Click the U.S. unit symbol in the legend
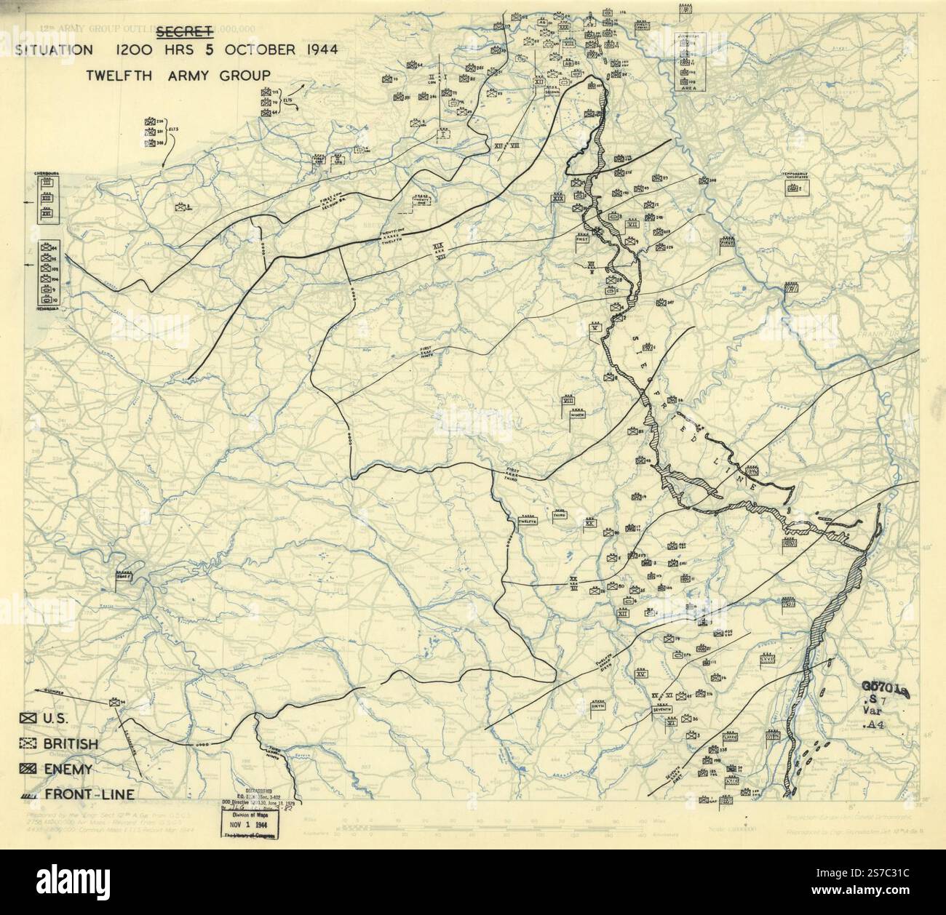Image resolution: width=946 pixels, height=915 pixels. coord(29,719)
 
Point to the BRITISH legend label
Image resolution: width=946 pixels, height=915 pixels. coord(71,743)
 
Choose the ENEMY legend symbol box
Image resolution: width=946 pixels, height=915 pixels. coord(29,769)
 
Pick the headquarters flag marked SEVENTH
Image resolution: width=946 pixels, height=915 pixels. coord(661,710)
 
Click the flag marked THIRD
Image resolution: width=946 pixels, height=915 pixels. coord(560,515)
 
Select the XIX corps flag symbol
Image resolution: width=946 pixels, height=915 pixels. coord(579,197)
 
